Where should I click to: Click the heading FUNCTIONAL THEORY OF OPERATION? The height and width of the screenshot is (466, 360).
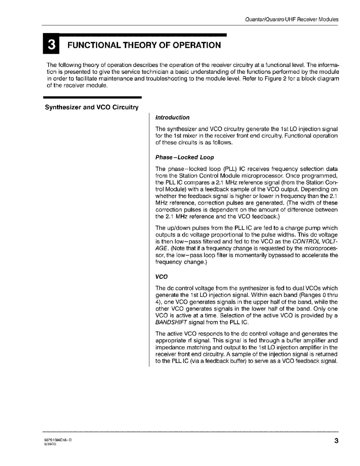click(x=144, y=45)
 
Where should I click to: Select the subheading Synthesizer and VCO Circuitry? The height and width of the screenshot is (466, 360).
click(x=92, y=107)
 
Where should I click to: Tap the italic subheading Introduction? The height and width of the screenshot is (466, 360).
click(x=172, y=117)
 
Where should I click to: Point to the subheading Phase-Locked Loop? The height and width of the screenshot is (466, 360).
click(x=184, y=158)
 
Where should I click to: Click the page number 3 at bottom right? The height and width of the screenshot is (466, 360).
click(x=336, y=441)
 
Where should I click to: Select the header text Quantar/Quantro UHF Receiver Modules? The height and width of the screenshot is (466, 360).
click(x=292, y=19)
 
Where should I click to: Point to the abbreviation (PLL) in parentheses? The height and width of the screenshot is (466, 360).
click(x=231, y=169)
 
